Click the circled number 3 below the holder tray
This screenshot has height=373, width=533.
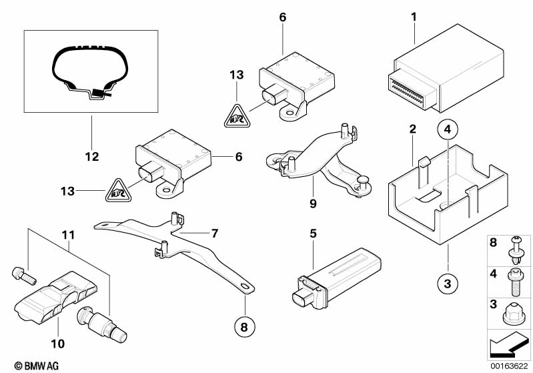tap(448, 284)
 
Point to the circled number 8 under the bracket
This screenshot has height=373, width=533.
tap(245, 327)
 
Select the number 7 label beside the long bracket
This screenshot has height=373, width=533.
tap(215, 234)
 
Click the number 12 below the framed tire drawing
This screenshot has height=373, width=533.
tap(91, 157)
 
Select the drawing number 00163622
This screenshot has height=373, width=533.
tap(510, 366)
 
